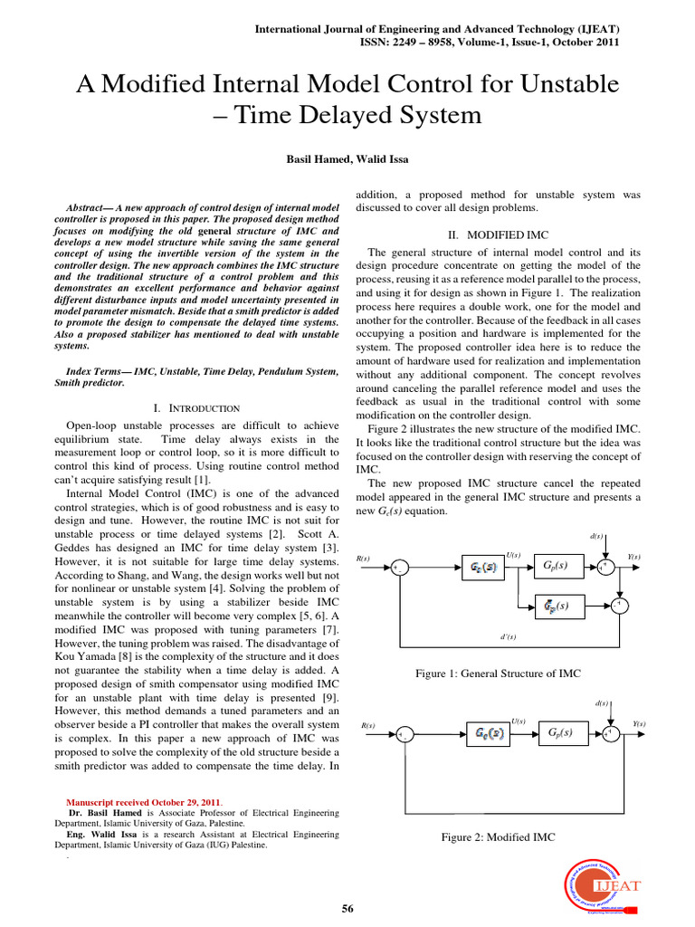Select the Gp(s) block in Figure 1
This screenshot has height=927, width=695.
point(555,567)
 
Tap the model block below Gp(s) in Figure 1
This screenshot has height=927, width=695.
point(555,605)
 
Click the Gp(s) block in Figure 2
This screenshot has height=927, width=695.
point(555,732)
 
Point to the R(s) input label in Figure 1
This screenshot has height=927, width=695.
point(366,559)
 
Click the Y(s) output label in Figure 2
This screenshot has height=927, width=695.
point(639,723)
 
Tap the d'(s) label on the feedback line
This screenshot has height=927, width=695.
point(508,637)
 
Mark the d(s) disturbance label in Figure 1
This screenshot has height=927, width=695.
point(596,536)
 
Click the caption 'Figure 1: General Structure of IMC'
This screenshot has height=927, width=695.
point(499,674)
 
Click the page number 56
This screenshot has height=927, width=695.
point(347,908)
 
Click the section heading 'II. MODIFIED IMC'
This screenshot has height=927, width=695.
point(498,234)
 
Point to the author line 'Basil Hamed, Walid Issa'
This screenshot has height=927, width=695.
point(347,158)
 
